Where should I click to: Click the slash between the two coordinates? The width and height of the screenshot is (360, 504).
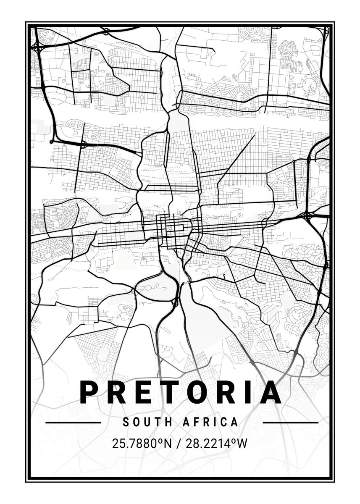click(179, 443)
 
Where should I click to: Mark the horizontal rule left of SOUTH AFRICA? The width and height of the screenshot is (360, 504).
click(73, 422)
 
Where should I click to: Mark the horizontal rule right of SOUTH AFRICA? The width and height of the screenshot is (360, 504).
click(290, 422)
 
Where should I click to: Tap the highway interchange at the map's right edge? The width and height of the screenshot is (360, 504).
click(308, 216)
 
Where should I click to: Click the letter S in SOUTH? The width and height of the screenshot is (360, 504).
click(126, 422)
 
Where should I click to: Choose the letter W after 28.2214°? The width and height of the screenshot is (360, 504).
click(242, 443)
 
